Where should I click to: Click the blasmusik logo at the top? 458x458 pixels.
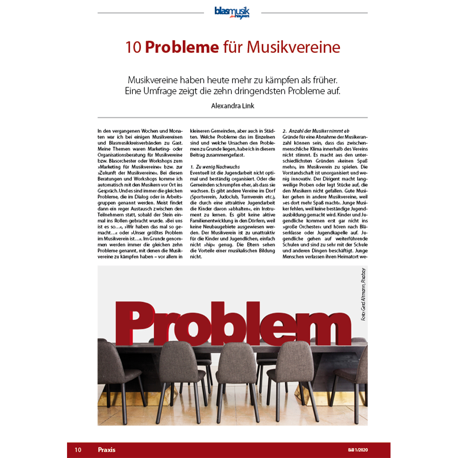pos(232,12)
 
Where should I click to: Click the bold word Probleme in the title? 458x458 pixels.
pos(182,47)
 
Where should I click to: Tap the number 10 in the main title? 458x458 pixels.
pos(133,47)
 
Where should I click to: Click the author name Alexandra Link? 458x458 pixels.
pos(232,106)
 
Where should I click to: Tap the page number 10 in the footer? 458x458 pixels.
pos(78,450)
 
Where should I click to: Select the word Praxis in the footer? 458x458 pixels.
pos(107,450)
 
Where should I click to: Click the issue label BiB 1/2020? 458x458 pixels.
pos(358,450)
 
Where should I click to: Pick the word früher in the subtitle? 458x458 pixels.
pos(324,80)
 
